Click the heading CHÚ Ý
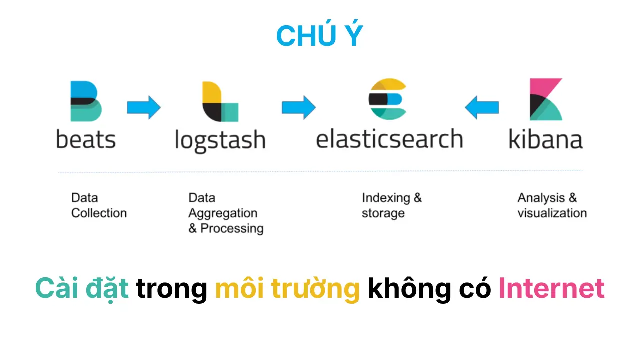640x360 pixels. tap(319, 36)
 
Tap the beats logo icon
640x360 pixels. tap(86, 101)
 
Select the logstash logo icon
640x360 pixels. tap(220, 102)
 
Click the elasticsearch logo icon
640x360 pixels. tap(387, 99)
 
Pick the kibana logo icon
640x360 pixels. tap(546, 99)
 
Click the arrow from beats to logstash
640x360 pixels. tap(144, 107)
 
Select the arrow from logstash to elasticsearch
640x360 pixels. tap(298, 107)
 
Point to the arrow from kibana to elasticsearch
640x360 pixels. tap(482, 107)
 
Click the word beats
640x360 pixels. tap(86, 139)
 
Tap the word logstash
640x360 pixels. tap(220, 140)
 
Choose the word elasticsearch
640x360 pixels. tap(389, 139)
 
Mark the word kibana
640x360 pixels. tap(545, 139)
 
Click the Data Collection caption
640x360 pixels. tap(99, 205)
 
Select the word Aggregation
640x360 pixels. tap(223, 213)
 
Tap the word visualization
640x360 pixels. tap(552, 213)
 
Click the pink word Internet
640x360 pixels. tap(551, 288)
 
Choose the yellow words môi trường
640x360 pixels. tap(287, 288)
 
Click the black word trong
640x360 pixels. tap(172, 288)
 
